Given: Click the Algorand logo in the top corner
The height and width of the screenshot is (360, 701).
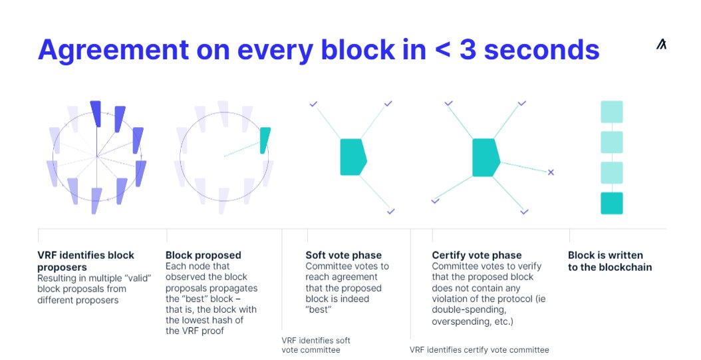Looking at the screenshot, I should [x=661, y=45].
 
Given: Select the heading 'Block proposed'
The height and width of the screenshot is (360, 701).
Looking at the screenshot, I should [x=204, y=255].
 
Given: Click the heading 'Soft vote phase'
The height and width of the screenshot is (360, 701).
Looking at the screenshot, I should [x=344, y=255].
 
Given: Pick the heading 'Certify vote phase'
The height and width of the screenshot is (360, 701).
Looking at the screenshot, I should [x=477, y=255].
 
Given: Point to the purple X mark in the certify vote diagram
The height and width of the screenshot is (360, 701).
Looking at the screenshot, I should [x=551, y=172].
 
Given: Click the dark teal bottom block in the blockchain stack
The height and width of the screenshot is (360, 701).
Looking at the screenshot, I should [x=611, y=204].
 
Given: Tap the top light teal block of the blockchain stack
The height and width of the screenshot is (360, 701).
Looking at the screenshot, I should [x=611, y=111].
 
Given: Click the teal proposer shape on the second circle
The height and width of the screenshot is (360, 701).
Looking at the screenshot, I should [x=265, y=140].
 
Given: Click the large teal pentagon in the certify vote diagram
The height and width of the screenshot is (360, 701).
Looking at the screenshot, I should [x=486, y=157].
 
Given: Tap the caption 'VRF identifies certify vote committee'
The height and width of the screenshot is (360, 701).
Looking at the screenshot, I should [x=479, y=349].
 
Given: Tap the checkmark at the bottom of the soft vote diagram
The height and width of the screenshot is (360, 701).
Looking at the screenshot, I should [x=391, y=212].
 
